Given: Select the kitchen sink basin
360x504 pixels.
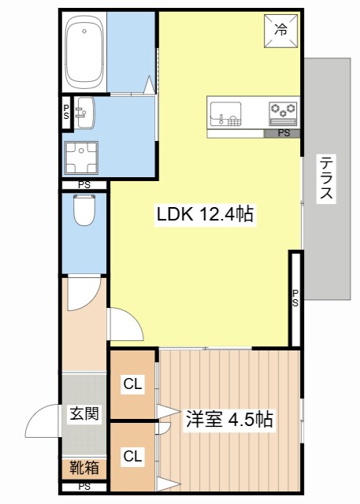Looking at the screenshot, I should coord(229,113).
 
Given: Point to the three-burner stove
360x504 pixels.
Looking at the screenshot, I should coord(284,111).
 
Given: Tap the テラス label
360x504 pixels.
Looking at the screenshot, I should coord(325,179).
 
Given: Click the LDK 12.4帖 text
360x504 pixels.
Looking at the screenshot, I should coord(205,214).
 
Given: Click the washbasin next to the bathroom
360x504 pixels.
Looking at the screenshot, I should coord(84,112).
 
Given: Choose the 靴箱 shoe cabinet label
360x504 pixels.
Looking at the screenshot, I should coord(84,469).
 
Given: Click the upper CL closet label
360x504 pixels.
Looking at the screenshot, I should coord(132,384).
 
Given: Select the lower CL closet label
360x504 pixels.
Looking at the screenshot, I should coord(132,456).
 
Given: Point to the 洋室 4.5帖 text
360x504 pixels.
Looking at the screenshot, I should coord(229,419).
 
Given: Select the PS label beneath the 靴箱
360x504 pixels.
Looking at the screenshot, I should coord(84,487).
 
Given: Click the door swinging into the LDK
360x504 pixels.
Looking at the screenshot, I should coord(124,323).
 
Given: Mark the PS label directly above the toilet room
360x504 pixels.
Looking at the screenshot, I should coord(84,185).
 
